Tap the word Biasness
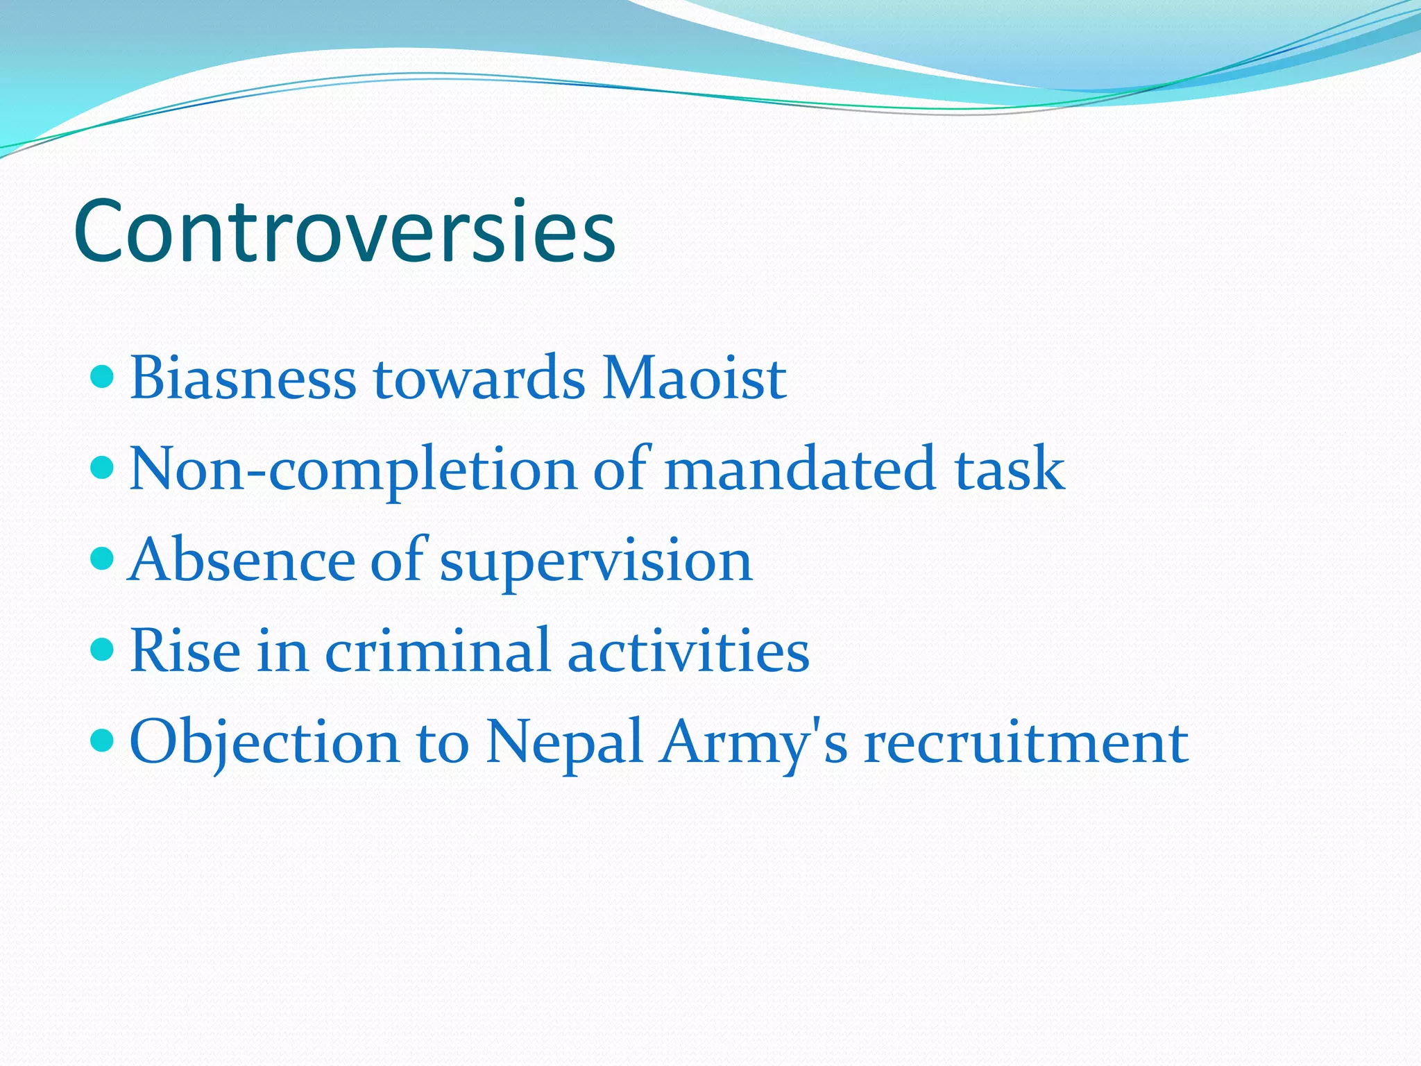point(243,379)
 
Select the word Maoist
point(694,379)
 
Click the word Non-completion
point(353,470)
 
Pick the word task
point(1010,470)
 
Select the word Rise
point(185,652)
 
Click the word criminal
point(438,652)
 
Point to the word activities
point(688,652)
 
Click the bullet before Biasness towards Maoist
point(102,378)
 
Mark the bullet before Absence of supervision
point(102,558)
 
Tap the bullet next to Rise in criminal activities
point(102,650)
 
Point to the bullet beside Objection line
point(102,741)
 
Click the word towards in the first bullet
point(479,379)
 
